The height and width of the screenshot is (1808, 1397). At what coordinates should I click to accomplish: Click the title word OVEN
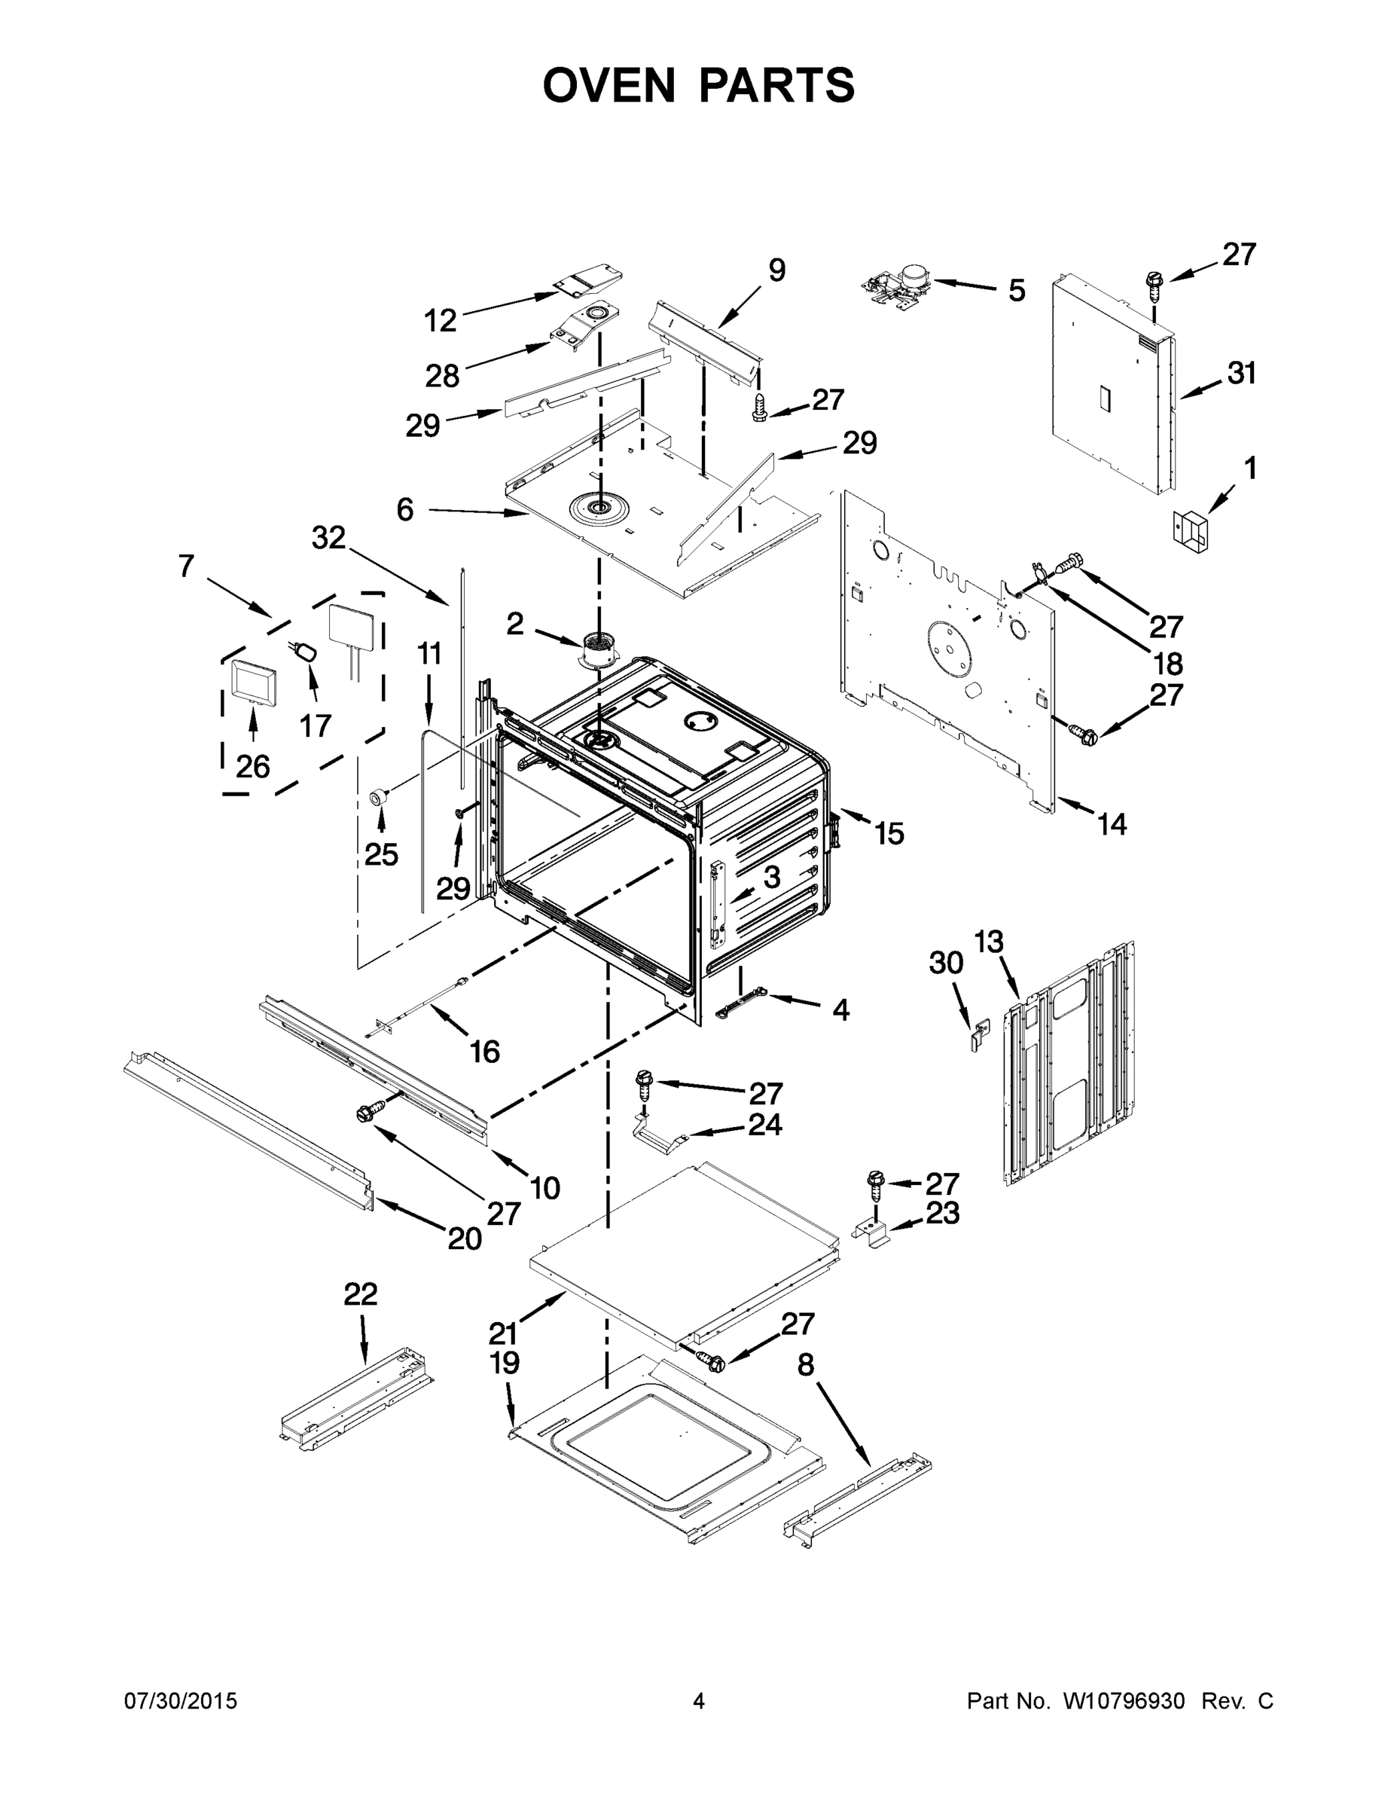point(609,85)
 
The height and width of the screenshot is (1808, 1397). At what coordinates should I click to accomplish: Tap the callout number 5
point(1016,291)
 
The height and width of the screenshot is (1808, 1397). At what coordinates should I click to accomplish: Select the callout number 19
point(505,1362)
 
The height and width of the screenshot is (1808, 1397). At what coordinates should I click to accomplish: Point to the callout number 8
point(806,1365)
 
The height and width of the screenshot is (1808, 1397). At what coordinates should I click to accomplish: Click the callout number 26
point(252,767)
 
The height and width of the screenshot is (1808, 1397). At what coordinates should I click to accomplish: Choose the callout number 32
point(328,538)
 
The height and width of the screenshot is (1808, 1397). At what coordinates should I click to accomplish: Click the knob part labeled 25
point(380,796)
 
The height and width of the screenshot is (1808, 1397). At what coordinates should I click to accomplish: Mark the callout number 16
point(485,1052)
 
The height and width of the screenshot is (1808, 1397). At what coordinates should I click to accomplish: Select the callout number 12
point(441,320)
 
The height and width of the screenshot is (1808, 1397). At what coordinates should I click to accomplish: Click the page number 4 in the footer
point(699,1701)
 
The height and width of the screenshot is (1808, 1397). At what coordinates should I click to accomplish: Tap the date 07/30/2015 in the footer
point(181,1701)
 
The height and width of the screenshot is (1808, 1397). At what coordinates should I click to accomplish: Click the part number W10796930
point(1123,1701)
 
